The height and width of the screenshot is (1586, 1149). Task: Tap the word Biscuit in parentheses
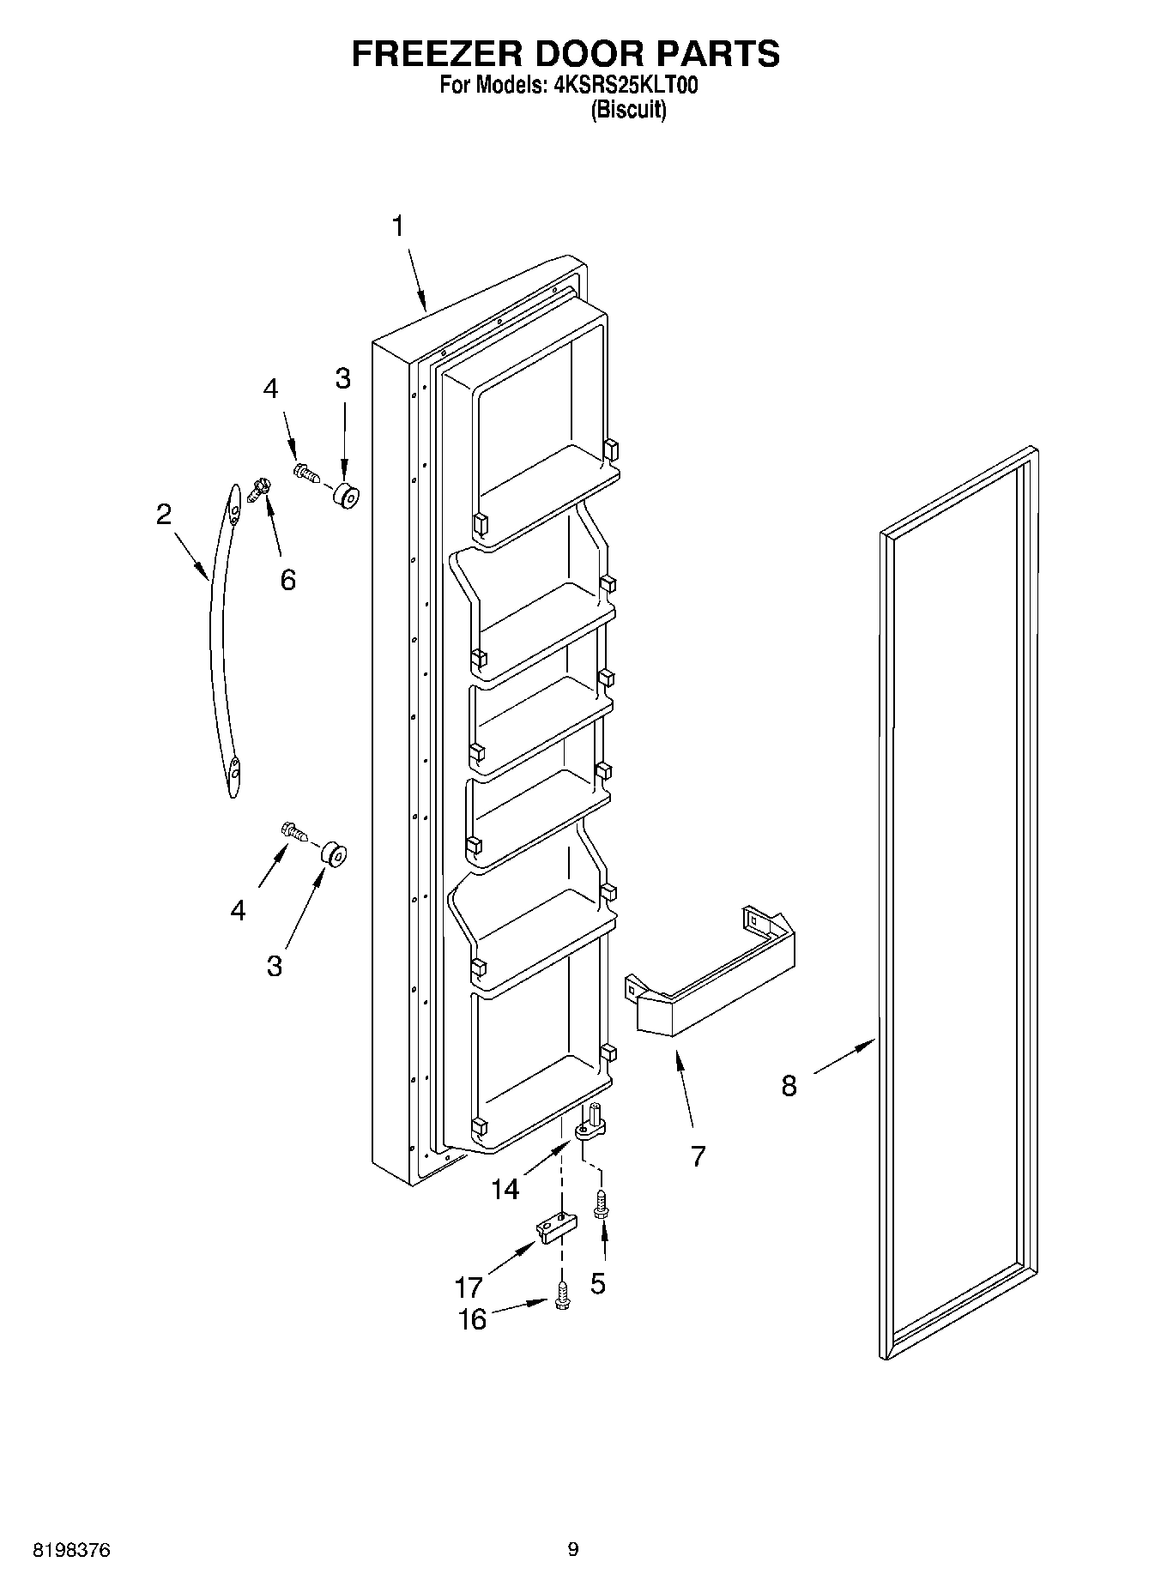[x=627, y=110]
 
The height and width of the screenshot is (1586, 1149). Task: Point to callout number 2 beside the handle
[x=163, y=514]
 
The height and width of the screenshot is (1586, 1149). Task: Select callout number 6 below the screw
[x=287, y=580]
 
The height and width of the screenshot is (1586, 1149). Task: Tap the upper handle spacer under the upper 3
[x=345, y=495]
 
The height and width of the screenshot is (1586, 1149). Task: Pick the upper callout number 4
[x=270, y=389]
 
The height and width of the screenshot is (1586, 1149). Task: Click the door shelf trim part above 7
[x=712, y=974]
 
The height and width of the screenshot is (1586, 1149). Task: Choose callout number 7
[x=698, y=1156]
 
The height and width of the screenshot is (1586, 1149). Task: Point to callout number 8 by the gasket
[x=789, y=1086]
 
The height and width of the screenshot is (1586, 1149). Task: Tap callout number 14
[x=505, y=1189]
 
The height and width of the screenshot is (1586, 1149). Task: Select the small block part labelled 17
[x=553, y=1227]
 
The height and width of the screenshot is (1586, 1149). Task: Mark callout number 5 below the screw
[x=598, y=1283]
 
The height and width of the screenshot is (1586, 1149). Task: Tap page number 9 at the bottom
[x=573, y=1549]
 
